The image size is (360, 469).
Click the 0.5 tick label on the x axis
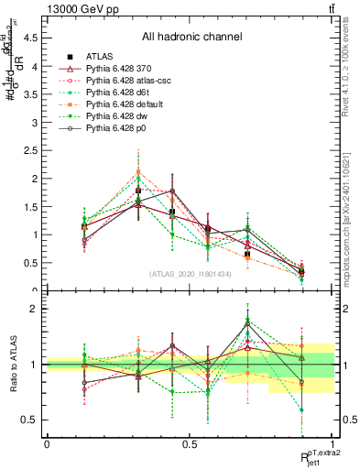click(x=190, y=443)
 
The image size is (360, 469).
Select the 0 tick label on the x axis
click(x=47, y=443)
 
